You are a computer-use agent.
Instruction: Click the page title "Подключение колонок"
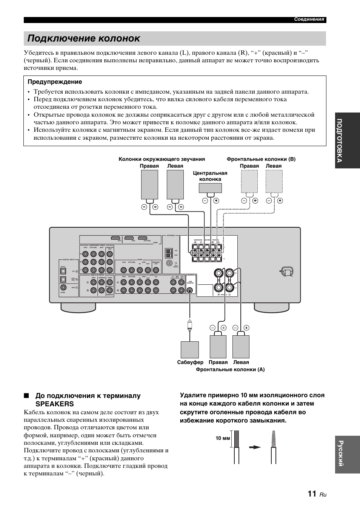pos(84,39)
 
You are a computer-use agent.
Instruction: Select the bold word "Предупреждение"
pos(55,82)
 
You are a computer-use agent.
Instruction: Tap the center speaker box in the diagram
pos(210,188)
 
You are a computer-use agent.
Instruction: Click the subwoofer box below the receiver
pos(189,349)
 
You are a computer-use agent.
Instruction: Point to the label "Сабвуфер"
pos(190,362)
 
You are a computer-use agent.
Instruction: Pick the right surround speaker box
pos(149,184)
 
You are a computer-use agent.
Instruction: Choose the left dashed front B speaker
pos(274,182)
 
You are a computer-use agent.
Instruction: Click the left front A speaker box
pos(241,347)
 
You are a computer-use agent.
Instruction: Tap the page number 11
pos(312,494)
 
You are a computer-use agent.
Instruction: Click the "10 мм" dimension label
pos(223,438)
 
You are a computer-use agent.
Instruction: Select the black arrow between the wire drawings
pos(255,447)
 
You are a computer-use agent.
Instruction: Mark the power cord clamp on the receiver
pos(287,271)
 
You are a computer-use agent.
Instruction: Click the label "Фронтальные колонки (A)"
pos(230,370)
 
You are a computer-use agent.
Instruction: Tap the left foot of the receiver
pos(79,307)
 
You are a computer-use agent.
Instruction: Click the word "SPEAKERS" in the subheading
pos(55,404)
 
